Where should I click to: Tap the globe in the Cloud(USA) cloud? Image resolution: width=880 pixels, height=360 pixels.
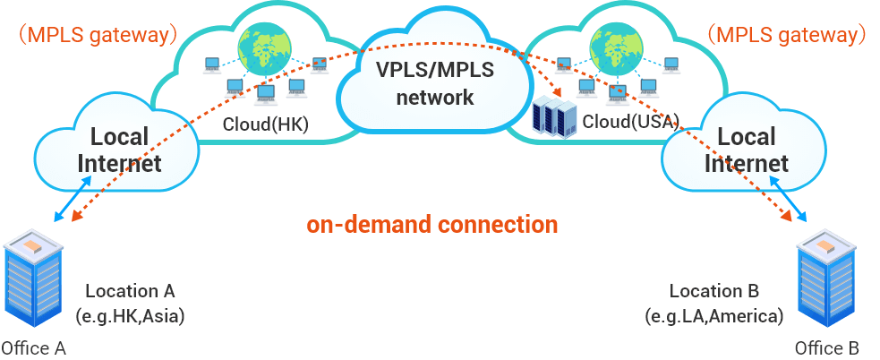click(616, 44)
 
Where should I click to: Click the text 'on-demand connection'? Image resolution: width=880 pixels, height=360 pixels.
click(432, 224)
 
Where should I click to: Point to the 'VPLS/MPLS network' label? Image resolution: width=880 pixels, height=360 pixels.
click(435, 83)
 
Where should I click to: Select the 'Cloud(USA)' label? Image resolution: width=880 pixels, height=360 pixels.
click(630, 120)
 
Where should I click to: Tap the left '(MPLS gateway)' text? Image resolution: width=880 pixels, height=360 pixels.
click(96, 36)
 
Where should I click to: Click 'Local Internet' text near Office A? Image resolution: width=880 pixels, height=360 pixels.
click(119, 150)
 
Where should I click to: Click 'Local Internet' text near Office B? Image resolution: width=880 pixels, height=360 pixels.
click(747, 150)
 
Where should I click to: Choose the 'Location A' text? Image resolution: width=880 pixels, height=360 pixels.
click(130, 291)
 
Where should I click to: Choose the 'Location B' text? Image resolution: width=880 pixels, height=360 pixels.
click(714, 291)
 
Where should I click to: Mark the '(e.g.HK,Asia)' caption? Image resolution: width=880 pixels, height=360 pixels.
click(131, 315)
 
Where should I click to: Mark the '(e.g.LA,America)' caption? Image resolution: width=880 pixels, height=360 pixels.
click(714, 315)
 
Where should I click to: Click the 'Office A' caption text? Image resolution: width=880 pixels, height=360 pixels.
click(34, 347)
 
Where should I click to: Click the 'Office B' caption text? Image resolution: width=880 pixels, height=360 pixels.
click(827, 347)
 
